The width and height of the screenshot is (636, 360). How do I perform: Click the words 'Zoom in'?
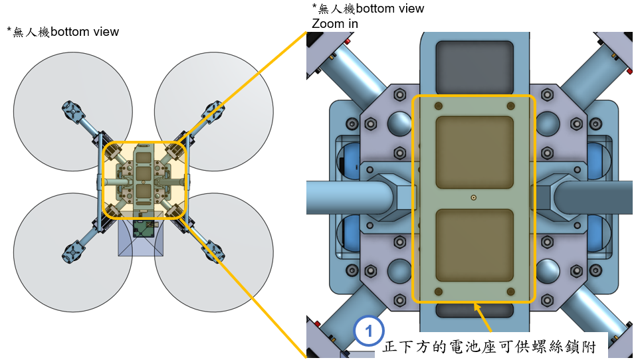335,23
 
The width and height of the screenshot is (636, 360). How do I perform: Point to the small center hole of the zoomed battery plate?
473,197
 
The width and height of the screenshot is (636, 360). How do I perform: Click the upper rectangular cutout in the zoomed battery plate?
474,152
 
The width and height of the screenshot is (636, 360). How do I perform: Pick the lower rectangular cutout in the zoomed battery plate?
474,244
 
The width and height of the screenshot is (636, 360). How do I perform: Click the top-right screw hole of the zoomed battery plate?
510,106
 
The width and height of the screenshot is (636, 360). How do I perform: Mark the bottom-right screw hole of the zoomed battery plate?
510,292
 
